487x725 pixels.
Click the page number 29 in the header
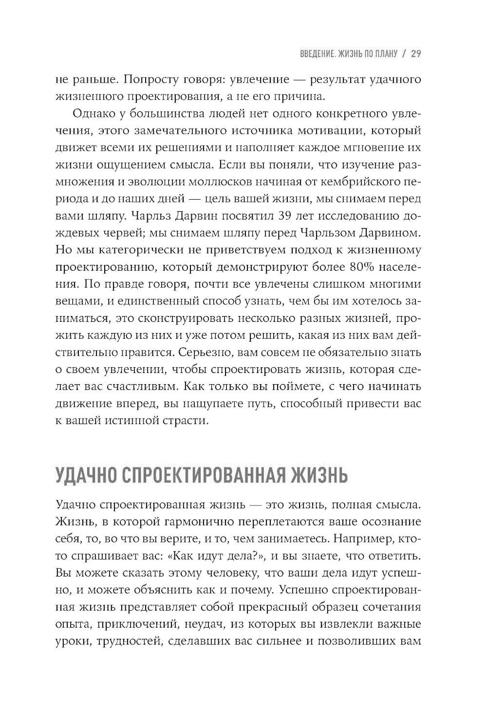coord(415,54)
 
